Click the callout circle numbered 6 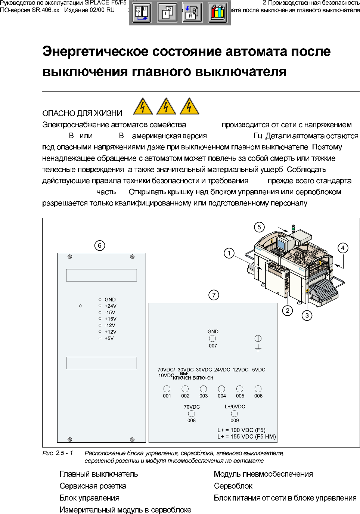point(100,245)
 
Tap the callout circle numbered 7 point(214,295)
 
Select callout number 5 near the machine point(259,227)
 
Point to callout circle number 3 point(307,315)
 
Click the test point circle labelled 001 point(167,389)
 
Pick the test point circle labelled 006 point(258,389)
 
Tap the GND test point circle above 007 point(212,338)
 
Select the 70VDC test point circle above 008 point(192,414)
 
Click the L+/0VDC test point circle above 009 point(235,414)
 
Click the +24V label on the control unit point(110,306)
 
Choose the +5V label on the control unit point(109,338)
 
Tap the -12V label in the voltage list point(110,325)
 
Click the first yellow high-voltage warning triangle point(143,106)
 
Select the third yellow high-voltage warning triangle point(189,106)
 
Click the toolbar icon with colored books point(218,13)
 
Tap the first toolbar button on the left point(142,13)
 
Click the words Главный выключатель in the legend point(99,474)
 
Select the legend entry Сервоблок point(233,486)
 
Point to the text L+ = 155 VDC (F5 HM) point(246,436)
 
